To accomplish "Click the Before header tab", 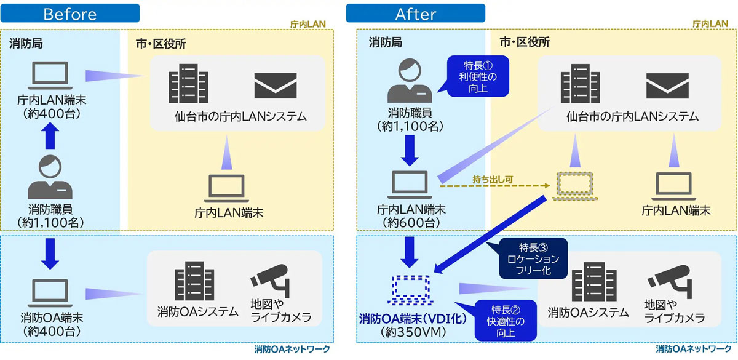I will pyautogui.click(x=69, y=13).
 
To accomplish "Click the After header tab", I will pyautogui.click(x=415, y=13).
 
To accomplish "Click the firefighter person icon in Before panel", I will pyautogui.click(x=50, y=177).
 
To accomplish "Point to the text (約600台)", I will pyautogui.click(x=410, y=222).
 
